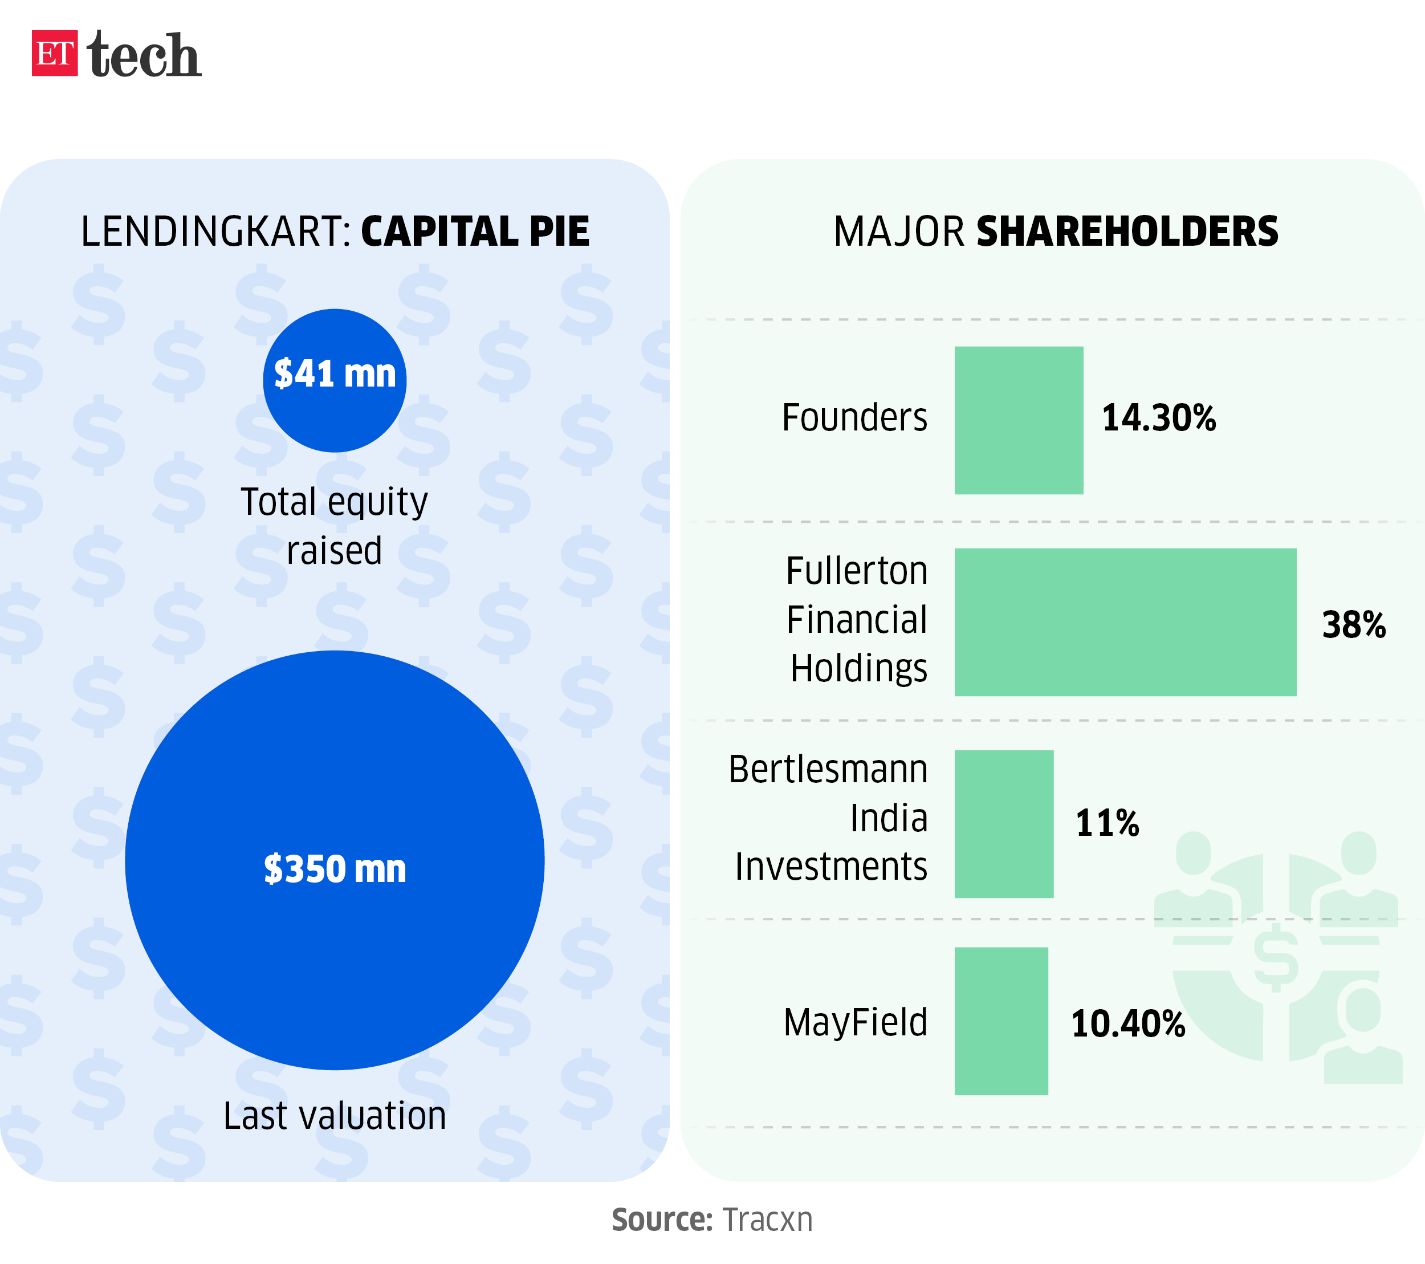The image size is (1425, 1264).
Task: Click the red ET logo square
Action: (x=54, y=53)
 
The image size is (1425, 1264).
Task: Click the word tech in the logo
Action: (x=145, y=55)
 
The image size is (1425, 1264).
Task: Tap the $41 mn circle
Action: (x=335, y=381)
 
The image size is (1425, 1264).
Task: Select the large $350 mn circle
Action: (x=335, y=860)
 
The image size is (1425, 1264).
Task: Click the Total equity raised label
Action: (x=335, y=526)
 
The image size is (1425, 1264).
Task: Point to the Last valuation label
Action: (x=335, y=1116)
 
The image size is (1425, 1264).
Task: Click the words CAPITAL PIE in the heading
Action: (x=475, y=231)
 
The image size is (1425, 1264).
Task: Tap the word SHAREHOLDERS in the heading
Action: (x=1127, y=231)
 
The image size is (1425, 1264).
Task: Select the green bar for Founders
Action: (x=1019, y=420)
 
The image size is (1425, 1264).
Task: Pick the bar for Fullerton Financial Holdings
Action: (x=1125, y=622)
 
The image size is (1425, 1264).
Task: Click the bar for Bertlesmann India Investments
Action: (x=1004, y=823)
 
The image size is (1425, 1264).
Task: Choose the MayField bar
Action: (x=1001, y=1021)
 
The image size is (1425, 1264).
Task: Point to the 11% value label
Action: (x=1107, y=823)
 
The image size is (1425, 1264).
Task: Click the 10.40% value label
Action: (x=1128, y=1023)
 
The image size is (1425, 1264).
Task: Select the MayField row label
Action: (x=856, y=1023)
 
